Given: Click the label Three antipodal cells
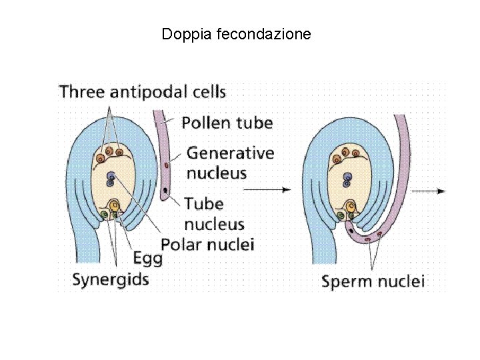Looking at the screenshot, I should [x=143, y=91].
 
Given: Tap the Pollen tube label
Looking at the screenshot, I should [x=227, y=122].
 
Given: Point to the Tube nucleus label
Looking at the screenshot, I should [x=213, y=213].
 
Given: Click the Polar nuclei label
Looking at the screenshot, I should [x=208, y=244].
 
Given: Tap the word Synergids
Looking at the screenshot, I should [x=110, y=278].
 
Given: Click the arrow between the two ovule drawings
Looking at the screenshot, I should [x=267, y=190].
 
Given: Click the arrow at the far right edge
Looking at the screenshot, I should [x=428, y=191].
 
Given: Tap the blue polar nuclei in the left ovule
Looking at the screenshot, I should [x=111, y=177].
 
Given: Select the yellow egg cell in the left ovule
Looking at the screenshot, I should [x=114, y=205].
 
